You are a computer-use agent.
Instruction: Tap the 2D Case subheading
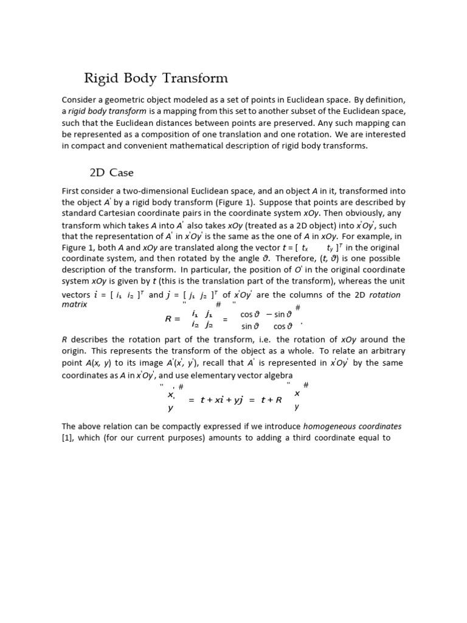click(112, 173)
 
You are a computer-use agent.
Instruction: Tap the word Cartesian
click(119, 214)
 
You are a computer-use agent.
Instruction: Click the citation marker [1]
click(67, 437)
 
